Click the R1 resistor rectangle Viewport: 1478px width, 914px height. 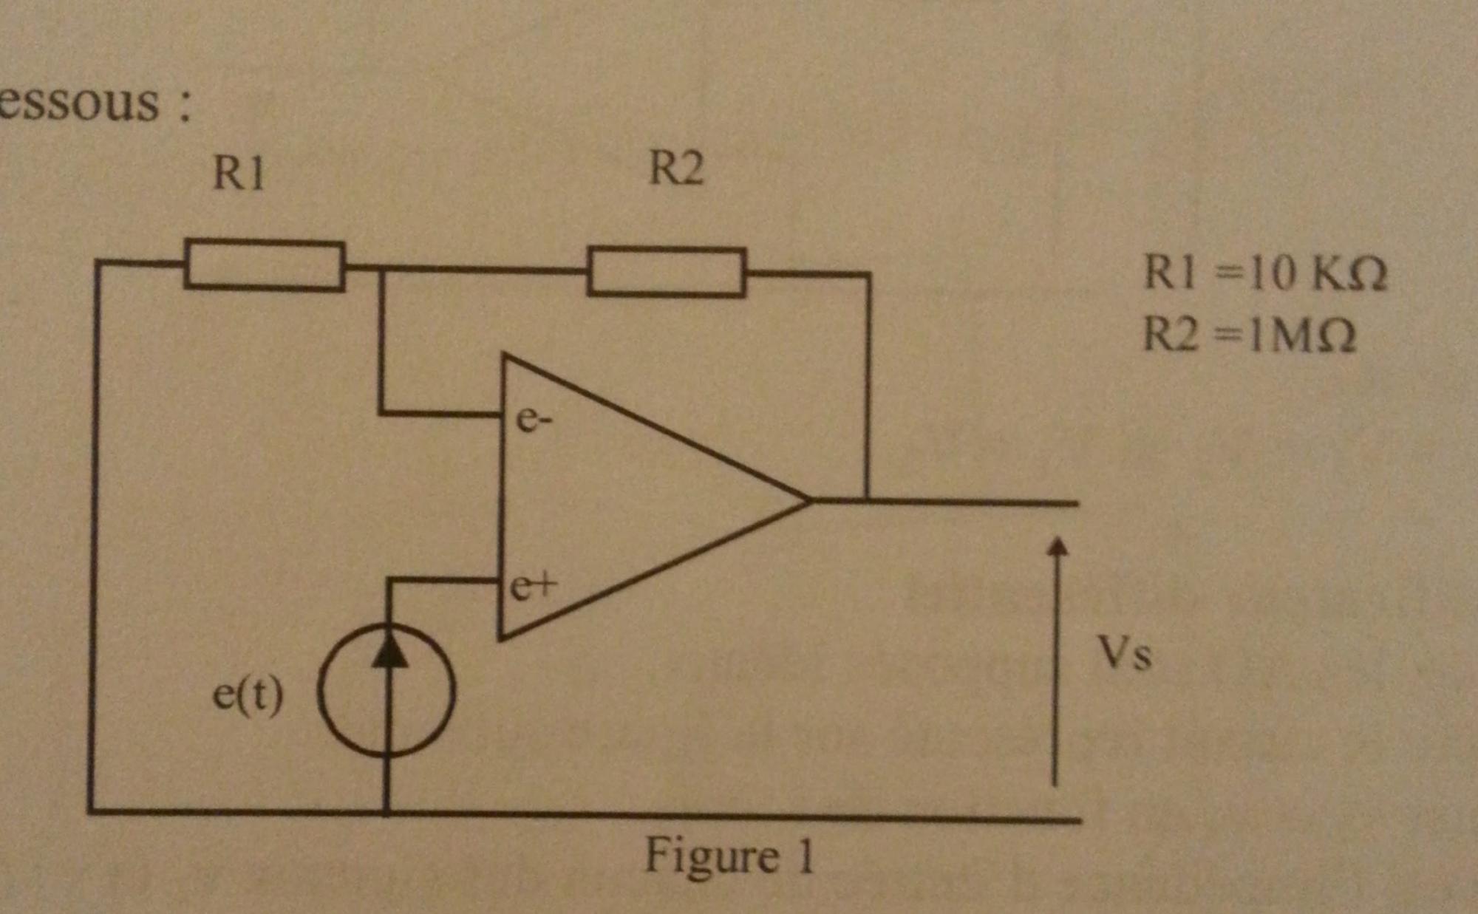pos(264,265)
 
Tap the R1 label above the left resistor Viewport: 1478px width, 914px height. pos(238,174)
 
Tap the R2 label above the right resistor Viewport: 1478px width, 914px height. pos(675,168)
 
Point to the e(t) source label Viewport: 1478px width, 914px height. pos(248,695)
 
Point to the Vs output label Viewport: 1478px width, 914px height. pos(1124,654)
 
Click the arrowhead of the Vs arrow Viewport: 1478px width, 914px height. pos(1058,546)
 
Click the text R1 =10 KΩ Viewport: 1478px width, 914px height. pos(1264,273)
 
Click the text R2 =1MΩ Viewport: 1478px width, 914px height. pos(1250,335)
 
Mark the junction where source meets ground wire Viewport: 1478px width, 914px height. pos(386,813)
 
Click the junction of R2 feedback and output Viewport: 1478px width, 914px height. pos(868,501)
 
